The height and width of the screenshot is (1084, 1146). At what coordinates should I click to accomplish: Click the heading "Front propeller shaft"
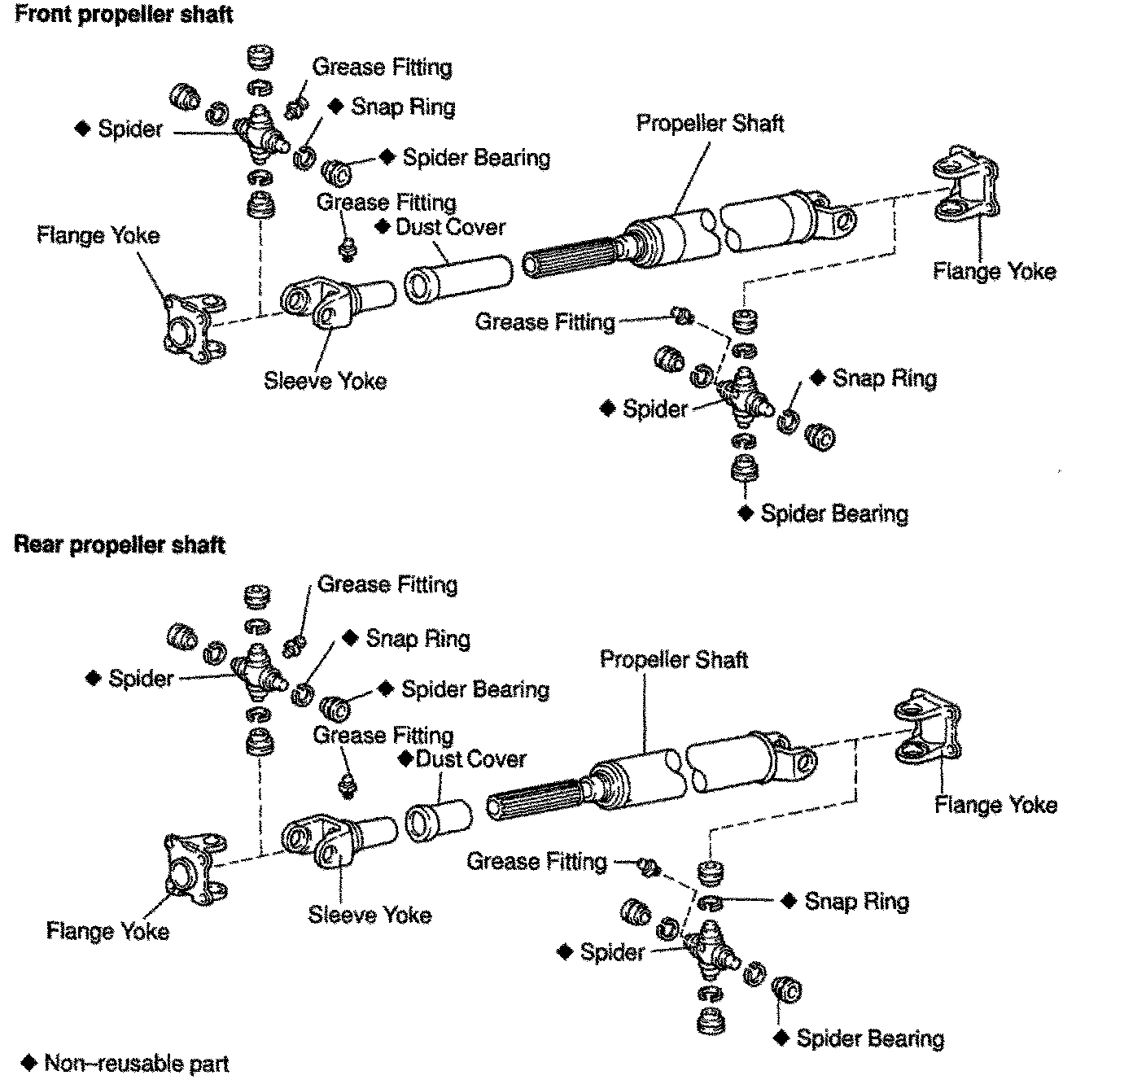(x=124, y=15)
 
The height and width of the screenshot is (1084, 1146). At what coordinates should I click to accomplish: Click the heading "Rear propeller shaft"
(x=119, y=544)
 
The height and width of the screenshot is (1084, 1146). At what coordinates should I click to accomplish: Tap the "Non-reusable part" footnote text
(x=137, y=1063)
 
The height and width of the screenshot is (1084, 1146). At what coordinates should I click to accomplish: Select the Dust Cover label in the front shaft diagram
(x=450, y=227)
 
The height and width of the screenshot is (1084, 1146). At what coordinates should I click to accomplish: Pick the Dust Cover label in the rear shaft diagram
(x=470, y=759)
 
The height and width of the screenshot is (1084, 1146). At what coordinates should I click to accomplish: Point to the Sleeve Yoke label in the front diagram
(x=325, y=380)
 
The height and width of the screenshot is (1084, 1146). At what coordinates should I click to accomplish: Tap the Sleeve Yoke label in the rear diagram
(x=370, y=914)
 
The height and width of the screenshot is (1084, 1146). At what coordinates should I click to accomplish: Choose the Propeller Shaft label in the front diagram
(x=710, y=124)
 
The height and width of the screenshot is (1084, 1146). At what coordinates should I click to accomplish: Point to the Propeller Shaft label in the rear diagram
(x=674, y=659)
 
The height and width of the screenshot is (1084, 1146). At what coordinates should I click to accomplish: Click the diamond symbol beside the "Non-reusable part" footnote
(x=30, y=1063)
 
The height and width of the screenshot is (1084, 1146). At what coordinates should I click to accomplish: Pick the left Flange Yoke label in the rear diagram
(x=107, y=930)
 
